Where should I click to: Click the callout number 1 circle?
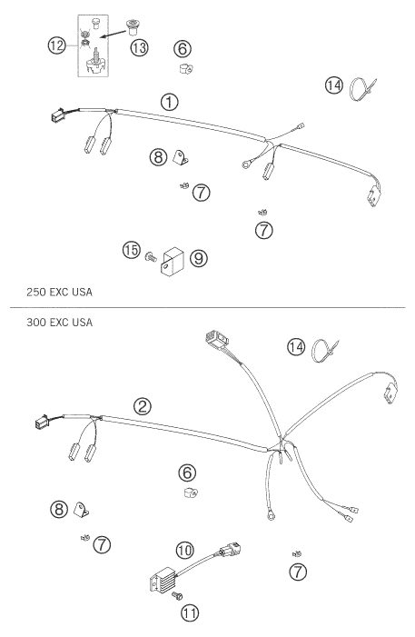click(169, 102)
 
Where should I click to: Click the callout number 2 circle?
click(143, 406)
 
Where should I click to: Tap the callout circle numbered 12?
click(57, 45)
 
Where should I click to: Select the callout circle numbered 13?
click(139, 48)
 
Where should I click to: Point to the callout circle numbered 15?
click(132, 250)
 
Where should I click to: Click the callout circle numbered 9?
click(199, 258)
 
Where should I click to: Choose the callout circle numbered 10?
click(185, 551)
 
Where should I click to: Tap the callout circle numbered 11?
click(190, 612)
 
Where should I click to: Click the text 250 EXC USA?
click(59, 292)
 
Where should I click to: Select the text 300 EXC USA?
click(59, 323)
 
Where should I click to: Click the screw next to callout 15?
click(151, 257)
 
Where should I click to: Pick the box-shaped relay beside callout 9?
click(173, 262)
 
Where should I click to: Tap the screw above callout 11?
click(177, 596)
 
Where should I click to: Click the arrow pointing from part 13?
click(113, 35)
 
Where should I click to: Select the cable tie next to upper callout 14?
click(363, 88)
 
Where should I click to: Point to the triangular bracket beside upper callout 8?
click(181, 157)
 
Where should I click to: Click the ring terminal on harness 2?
click(271, 516)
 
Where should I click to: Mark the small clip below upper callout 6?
click(186, 69)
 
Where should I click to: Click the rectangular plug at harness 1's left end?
click(57, 115)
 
